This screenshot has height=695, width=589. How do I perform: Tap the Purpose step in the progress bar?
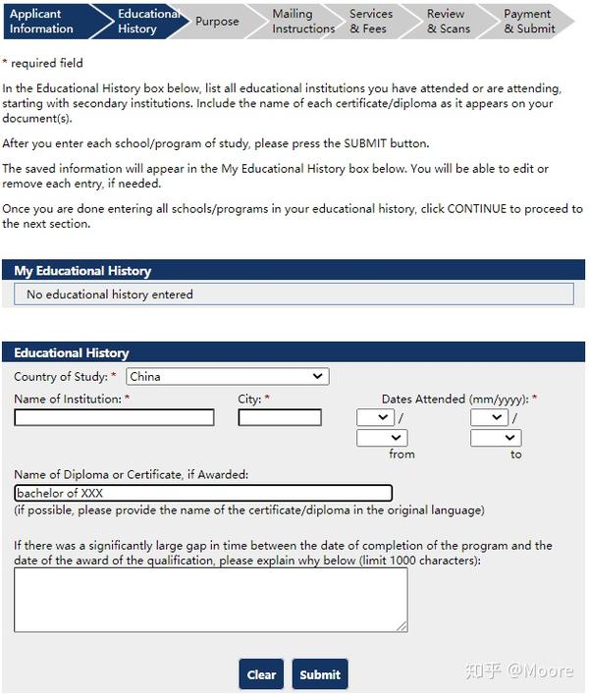(217, 22)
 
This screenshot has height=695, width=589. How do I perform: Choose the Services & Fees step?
(371, 22)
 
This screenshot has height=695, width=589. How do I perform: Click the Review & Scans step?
(446, 22)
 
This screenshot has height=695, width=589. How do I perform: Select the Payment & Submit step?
(528, 22)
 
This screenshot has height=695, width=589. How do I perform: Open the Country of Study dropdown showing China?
(228, 376)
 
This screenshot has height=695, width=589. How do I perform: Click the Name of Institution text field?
(114, 417)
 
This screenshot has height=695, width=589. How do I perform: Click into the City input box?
(279, 417)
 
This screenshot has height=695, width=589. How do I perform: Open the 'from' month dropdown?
(375, 417)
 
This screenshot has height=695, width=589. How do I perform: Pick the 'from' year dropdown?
(381, 438)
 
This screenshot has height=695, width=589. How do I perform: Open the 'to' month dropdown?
(488, 417)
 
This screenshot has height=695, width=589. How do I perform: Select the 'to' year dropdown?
(495, 438)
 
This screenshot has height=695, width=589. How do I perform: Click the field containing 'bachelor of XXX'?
(203, 493)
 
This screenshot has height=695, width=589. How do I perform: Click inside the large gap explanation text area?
(210, 599)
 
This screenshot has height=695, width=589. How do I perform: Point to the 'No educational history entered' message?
(110, 294)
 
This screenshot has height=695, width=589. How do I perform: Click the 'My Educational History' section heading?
(82, 270)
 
